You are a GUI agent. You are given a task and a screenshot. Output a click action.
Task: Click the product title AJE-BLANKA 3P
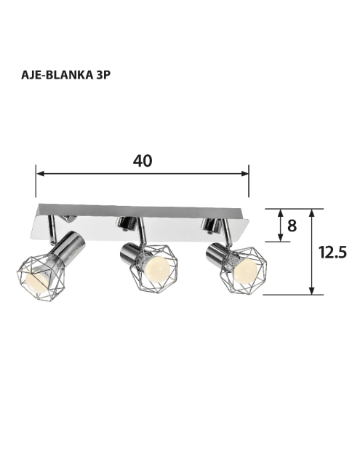[66, 75]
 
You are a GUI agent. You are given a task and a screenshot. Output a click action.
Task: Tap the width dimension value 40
[143, 161]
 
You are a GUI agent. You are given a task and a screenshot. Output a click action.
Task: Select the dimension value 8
[292, 226]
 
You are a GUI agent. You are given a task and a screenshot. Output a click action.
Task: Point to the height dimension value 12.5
[332, 253]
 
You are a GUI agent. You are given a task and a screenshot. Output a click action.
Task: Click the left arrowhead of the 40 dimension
[40, 174]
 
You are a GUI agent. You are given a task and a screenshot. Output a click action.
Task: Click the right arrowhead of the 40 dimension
[245, 174]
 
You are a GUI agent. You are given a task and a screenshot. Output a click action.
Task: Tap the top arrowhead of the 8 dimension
[281, 213]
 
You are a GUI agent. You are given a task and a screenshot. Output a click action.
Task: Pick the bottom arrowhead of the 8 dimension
[281, 237]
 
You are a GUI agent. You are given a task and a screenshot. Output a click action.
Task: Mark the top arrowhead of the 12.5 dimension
[312, 213]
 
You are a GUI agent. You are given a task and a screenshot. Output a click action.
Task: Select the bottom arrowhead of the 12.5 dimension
[312, 290]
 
